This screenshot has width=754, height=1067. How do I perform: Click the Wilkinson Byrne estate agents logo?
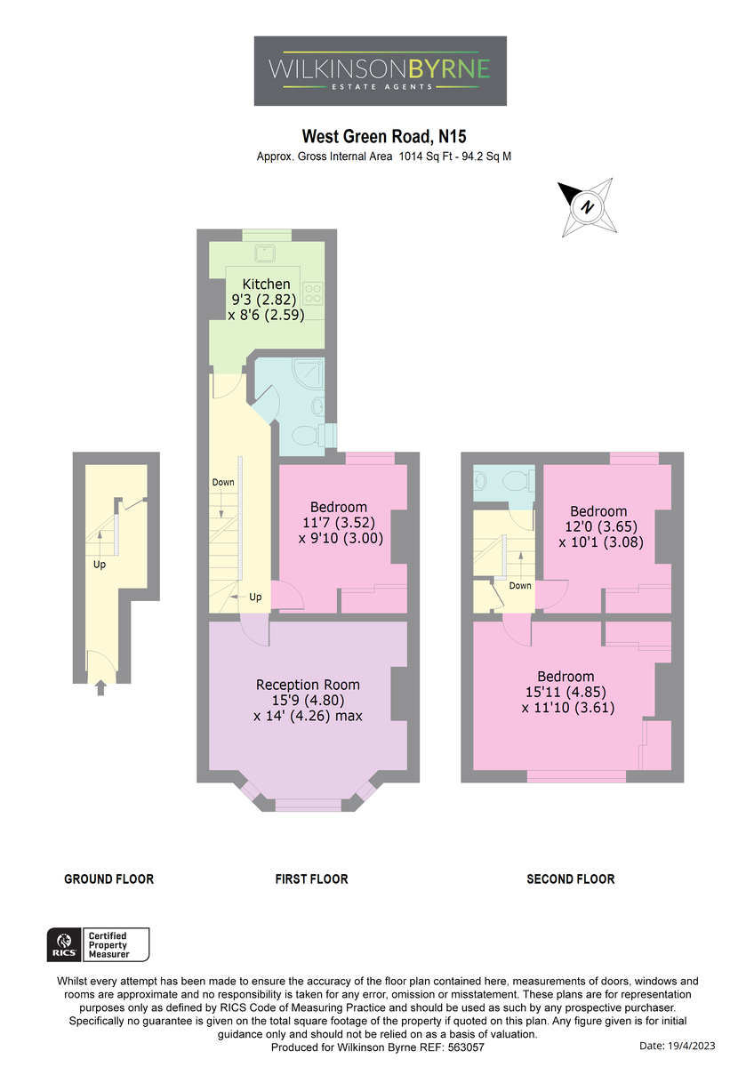(380, 70)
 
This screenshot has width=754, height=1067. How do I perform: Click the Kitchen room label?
(266, 284)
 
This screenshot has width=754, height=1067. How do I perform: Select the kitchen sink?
(265, 253)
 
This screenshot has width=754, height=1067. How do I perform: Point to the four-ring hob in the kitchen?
(313, 293)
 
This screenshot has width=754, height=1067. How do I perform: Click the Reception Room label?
(308, 685)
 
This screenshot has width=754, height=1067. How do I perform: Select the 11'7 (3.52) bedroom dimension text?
(339, 523)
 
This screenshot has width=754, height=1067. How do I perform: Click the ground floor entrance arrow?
(100, 688)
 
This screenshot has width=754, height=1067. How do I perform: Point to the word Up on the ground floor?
(99, 565)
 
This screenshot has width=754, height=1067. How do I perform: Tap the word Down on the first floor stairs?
(223, 482)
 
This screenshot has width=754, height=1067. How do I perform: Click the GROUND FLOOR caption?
(109, 879)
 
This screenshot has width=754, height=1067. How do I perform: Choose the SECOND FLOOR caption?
(571, 879)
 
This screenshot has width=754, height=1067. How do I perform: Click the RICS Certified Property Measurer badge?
(98, 944)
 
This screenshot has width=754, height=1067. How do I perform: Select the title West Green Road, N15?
(384, 137)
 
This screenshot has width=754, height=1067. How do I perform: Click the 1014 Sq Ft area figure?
(425, 156)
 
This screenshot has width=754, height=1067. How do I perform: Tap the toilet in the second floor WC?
(519, 481)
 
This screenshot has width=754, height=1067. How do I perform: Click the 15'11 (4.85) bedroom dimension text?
(565, 692)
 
